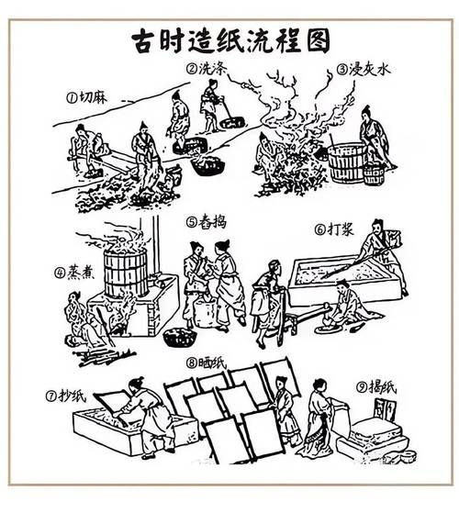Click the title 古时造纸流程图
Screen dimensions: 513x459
(x=229, y=40)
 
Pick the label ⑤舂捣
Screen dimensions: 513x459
(x=205, y=221)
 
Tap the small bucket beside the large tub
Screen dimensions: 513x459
(x=374, y=173)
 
